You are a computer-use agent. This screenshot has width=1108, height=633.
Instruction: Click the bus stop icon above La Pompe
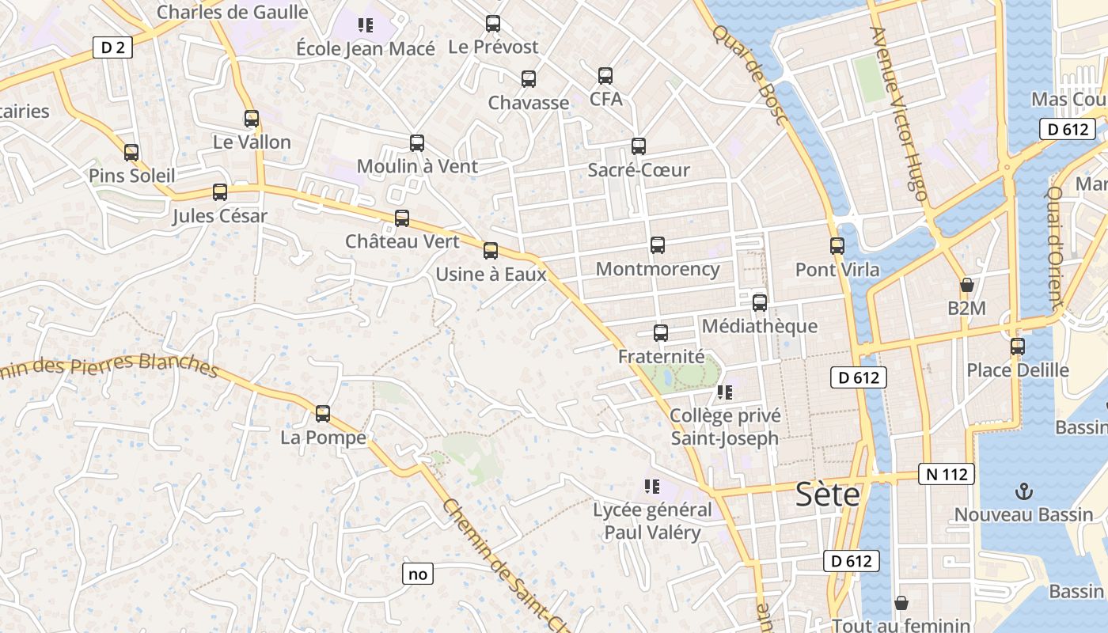[x=323, y=413]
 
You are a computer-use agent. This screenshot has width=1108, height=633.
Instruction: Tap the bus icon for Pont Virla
[x=837, y=245]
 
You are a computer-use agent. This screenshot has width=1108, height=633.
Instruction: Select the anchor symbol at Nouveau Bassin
[x=1024, y=491]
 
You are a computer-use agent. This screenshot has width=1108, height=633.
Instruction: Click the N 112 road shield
[x=947, y=474]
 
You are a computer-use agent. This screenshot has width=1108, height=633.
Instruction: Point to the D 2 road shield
[x=112, y=47]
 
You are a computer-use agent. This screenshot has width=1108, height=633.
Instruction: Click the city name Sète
[x=828, y=495]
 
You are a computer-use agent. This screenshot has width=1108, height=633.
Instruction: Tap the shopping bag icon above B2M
[x=966, y=285]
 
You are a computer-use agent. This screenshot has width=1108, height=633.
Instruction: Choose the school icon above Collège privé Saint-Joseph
[x=724, y=392]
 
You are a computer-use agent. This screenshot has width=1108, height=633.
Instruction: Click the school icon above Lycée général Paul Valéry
[x=652, y=486]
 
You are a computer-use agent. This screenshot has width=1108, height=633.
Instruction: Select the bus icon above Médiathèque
[x=760, y=302]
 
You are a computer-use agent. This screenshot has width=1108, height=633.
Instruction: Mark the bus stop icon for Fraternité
[x=661, y=333]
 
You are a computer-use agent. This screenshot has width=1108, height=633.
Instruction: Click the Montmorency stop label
[x=658, y=269]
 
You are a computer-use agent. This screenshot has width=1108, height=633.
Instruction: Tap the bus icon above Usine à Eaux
[x=491, y=251]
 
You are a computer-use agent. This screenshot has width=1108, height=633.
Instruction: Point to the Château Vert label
[x=402, y=241]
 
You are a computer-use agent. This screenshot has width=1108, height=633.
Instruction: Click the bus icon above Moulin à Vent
[x=417, y=143]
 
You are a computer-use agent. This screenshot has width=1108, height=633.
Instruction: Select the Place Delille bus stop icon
[x=1018, y=347]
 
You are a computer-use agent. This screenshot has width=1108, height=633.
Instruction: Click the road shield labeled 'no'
[x=418, y=574]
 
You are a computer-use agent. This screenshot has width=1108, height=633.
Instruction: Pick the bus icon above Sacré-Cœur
[x=639, y=146]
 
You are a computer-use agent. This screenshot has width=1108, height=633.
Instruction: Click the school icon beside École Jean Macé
[x=365, y=25]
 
